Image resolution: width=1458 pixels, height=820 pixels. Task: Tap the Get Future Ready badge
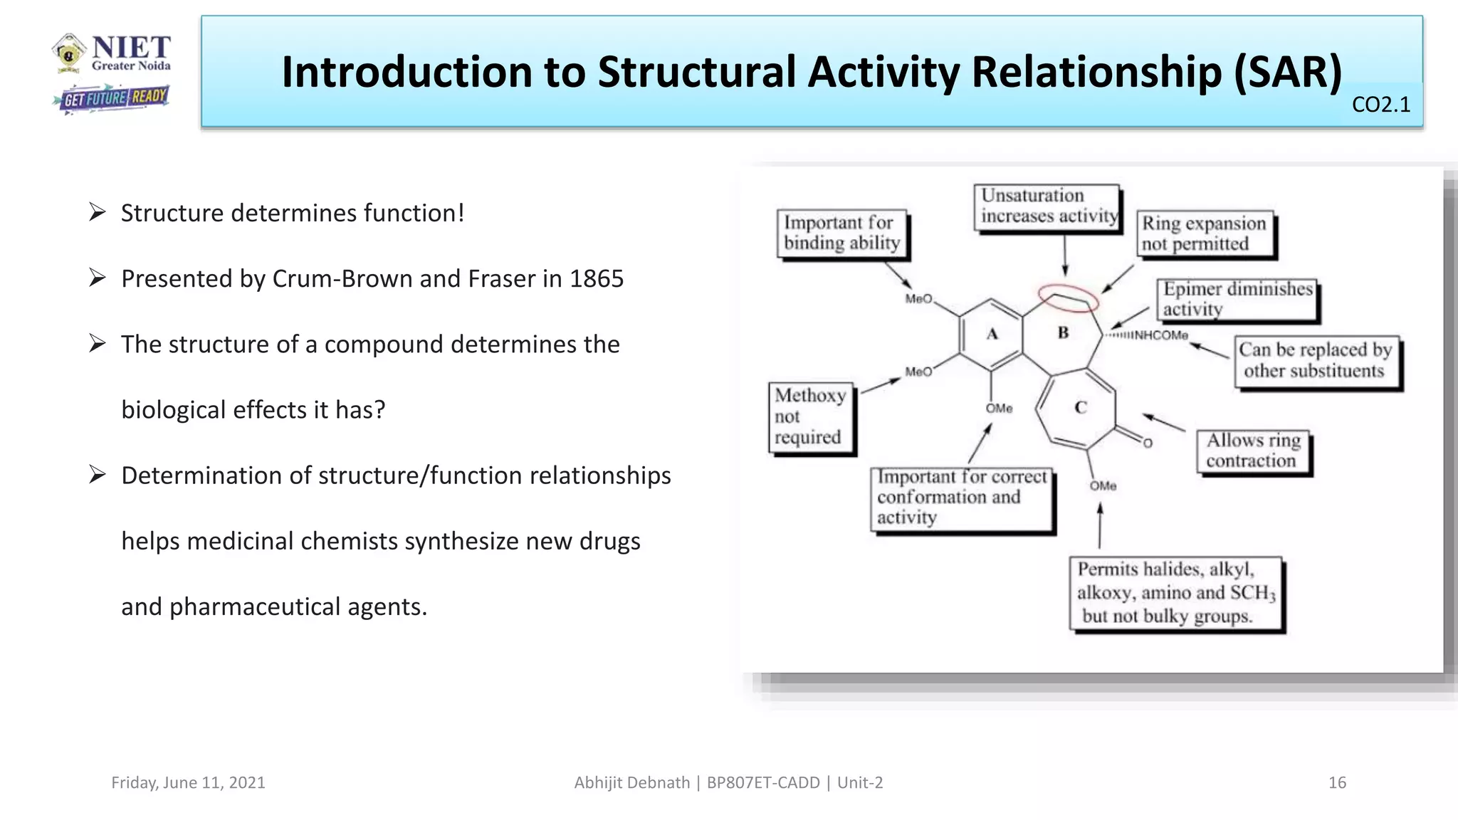[x=112, y=98]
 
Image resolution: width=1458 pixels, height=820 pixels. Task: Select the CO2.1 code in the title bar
[x=1380, y=105]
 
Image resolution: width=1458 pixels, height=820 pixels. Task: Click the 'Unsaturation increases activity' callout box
[x=1047, y=206]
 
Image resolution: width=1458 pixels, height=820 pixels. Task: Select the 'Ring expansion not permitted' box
[x=1205, y=233]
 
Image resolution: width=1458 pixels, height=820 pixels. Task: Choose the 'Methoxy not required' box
[x=810, y=416]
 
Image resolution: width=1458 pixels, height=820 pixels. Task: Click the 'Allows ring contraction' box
[x=1253, y=451]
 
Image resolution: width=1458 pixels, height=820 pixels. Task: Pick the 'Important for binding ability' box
[x=841, y=233]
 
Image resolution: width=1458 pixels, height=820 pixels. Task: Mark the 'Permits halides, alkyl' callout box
[x=1176, y=592]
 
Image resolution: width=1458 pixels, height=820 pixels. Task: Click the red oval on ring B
[x=1068, y=298]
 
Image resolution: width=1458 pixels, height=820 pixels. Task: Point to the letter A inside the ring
[x=992, y=333]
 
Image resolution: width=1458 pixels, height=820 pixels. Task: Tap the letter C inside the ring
[x=1081, y=407]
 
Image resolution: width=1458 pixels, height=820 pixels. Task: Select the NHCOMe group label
[x=1160, y=335]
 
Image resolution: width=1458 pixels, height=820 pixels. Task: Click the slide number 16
[x=1337, y=782]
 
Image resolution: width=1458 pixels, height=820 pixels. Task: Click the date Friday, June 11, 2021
[x=188, y=782]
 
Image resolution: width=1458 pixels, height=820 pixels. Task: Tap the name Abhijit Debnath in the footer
[x=631, y=782]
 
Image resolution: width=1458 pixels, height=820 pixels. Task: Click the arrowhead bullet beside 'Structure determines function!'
[x=98, y=212]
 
